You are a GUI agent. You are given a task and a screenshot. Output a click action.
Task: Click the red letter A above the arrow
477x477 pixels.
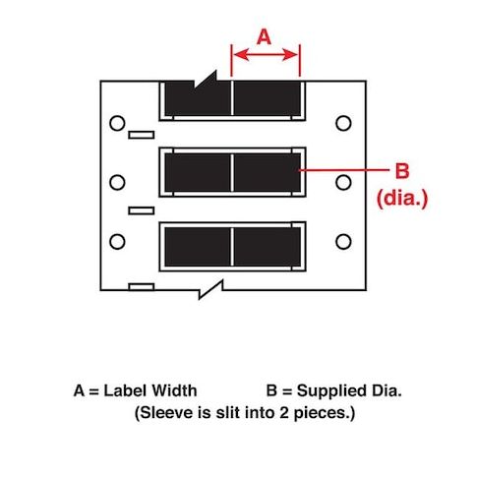[264, 36]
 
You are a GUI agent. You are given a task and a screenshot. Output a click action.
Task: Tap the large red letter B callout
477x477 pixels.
[402, 171]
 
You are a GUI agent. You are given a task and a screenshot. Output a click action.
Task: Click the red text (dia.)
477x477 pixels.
[402, 199]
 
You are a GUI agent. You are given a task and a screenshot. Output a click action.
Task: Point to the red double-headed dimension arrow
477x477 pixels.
[266, 55]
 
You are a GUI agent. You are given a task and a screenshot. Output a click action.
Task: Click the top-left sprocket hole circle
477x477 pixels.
[117, 123]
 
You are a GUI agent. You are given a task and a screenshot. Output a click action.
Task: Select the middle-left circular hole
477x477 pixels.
[117, 182]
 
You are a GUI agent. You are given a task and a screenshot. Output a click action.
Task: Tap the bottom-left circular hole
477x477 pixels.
[117, 242]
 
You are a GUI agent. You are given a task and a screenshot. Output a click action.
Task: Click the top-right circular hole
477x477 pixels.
[343, 123]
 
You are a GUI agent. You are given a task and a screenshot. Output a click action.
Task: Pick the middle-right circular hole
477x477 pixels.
[343, 182]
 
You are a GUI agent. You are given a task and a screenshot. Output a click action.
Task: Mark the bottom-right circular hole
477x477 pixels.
[343, 242]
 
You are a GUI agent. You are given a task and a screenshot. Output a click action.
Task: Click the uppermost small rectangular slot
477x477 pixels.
[142, 135]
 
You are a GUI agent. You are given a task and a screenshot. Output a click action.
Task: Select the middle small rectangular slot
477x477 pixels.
[142, 210]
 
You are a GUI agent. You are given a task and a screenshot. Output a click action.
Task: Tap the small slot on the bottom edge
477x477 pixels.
[142, 287]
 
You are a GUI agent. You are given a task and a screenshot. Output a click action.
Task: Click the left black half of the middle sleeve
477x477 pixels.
[198, 172]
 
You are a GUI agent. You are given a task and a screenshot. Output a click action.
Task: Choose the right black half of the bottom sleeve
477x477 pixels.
[268, 247]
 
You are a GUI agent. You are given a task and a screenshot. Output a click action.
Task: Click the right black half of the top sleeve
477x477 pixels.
[268, 98]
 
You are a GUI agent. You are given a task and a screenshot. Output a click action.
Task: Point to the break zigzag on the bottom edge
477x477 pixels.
[211, 289]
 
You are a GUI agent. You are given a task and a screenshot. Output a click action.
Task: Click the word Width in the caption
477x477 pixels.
[174, 390]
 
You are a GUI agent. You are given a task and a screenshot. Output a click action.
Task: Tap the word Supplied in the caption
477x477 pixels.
[331, 391]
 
